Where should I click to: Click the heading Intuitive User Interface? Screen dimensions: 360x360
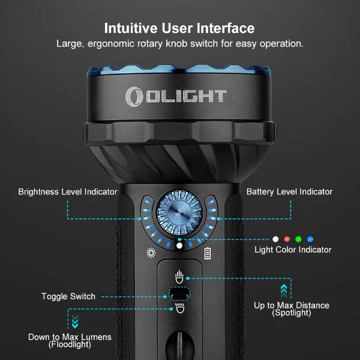click(179, 28)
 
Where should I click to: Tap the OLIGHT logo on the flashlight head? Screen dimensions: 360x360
click(176, 95)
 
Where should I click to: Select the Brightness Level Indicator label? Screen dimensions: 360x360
click(67, 192)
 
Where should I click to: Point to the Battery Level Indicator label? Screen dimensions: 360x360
click(289, 192)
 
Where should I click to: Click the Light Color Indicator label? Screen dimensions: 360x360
click(293, 250)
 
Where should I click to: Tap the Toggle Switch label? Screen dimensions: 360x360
click(68, 296)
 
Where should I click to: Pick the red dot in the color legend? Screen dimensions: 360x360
click(286, 239)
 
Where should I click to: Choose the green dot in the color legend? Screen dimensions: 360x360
click(298, 239)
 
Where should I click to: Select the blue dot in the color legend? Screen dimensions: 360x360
click(310, 239)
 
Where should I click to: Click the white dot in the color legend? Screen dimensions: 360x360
click(275, 239)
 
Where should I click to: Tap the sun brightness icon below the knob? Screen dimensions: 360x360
click(151, 253)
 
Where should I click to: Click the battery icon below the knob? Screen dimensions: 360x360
click(208, 253)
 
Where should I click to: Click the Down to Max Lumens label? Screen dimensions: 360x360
click(70, 340)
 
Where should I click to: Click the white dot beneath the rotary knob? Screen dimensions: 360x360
click(179, 245)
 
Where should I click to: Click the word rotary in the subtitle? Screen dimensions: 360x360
click(169, 44)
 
